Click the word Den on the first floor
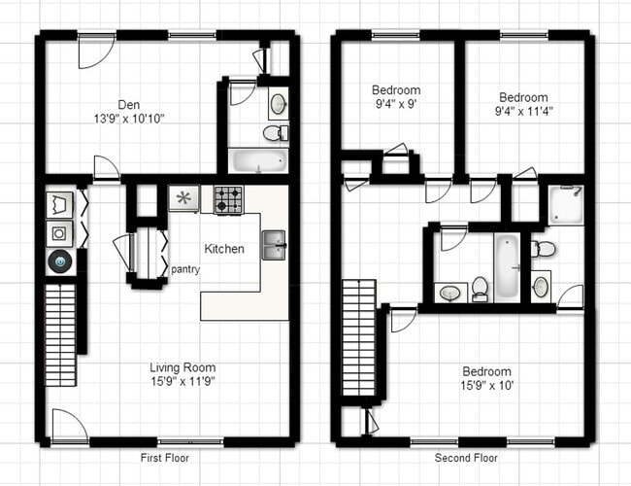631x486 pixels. point(128,104)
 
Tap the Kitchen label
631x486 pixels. point(224,249)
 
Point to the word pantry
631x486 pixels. point(185,270)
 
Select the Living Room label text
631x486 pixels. point(183,367)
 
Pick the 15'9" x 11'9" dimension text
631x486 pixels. point(183,382)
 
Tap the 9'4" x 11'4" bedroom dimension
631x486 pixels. point(523,112)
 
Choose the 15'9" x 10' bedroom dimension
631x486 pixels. point(486,387)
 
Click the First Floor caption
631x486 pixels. point(164,458)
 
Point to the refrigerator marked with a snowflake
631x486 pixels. point(183,198)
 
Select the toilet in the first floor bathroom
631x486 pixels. point(277,131)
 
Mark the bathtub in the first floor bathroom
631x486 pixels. point(258,160)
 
